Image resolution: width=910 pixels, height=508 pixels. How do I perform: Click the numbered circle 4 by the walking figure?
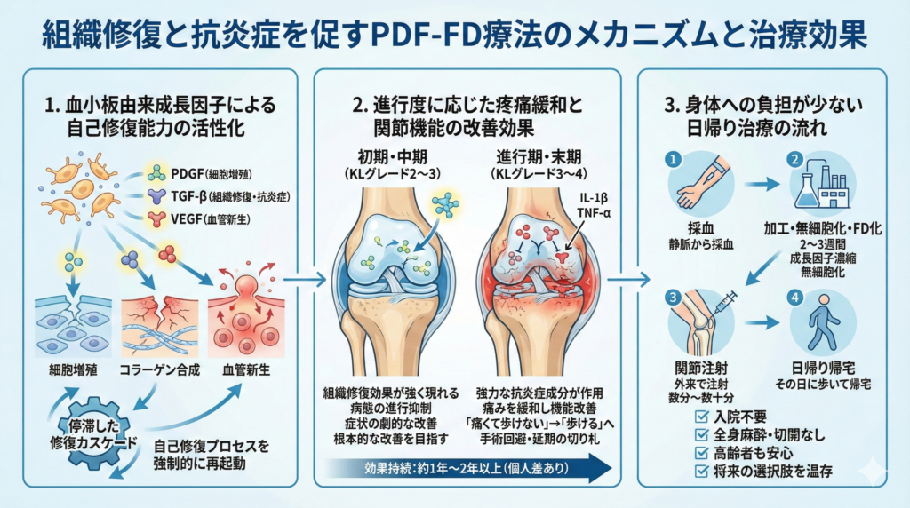793,296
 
